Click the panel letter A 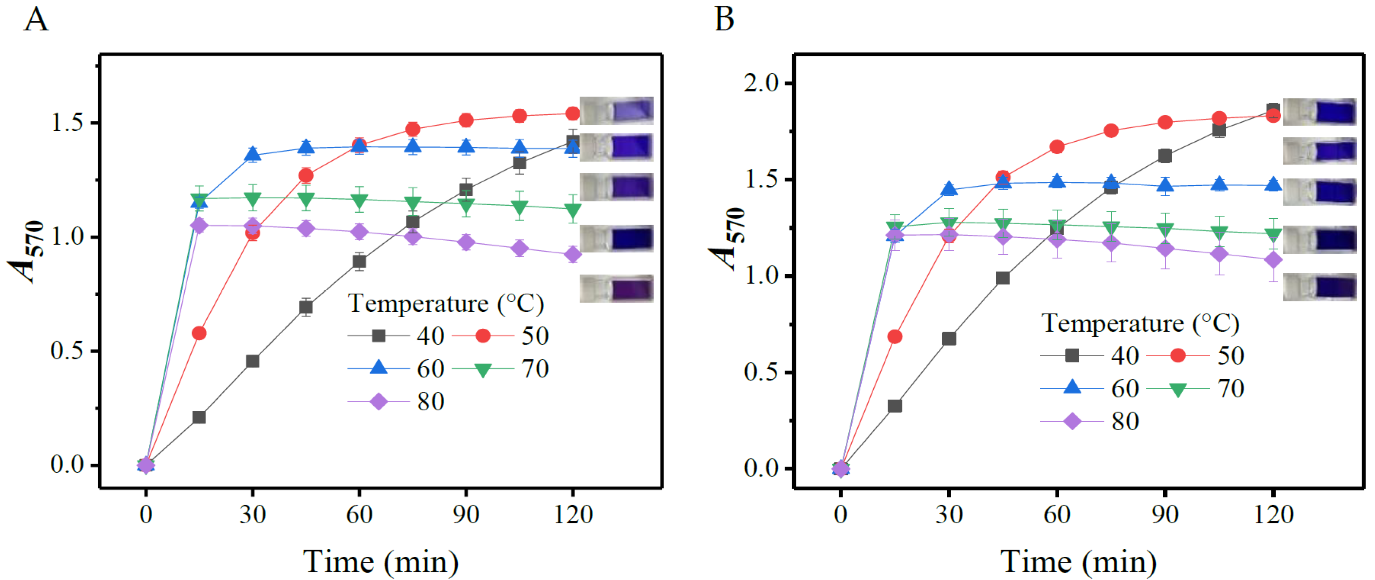36,20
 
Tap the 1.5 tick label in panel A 67,122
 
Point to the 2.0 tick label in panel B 761,83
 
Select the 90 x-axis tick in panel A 465,514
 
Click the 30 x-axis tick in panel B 949,514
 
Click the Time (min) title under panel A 380,561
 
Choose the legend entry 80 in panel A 430,401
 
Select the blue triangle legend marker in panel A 378,368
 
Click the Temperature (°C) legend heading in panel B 1140,323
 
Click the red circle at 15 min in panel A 199,333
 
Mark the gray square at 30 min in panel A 252,361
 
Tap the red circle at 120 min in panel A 572,113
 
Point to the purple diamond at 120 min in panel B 1273,260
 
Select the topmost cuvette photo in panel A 617,110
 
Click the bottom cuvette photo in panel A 617,289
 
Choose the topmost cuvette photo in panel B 1320,112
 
